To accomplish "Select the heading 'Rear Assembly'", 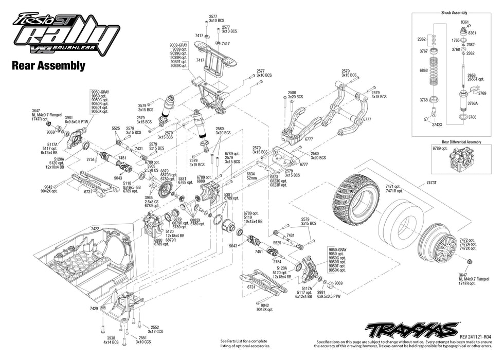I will [x=48, y=65].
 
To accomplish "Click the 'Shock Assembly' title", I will [x=454, y=12].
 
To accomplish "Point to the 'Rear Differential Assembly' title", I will [x=454, y=141].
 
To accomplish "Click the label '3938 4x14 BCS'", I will [x=112, y=339].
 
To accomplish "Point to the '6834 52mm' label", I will [x=250, y=176].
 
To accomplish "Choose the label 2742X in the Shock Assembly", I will [x=437, y=124].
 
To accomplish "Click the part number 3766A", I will [x=472, y=103].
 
